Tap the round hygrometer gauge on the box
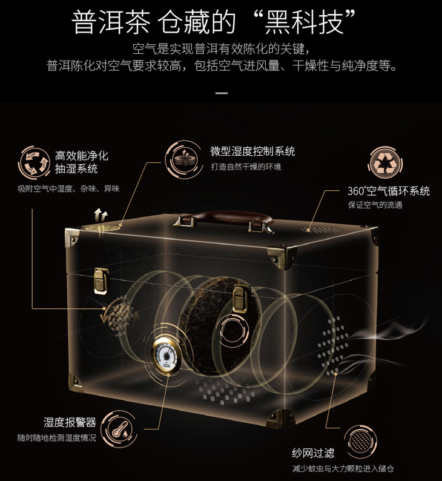click(x=166, y=356)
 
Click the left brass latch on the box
click(x=101, y=281)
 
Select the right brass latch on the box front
click(x=240, y=299)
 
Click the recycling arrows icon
click(x=385, y=163)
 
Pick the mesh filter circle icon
click(x=360, y=442)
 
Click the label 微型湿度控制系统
click(x=252, y=151)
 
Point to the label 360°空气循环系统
click(x=389, y=191)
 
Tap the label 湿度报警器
click(x=70, y=422)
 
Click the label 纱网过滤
click(x=313, y=453)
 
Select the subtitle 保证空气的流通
click(x=375, y=205)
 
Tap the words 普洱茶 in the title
click(x=111, y=22)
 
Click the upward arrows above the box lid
click(x=101, y=216)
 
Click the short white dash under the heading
click(x=222, y=93)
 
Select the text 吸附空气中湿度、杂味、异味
click(x=68, y=188)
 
